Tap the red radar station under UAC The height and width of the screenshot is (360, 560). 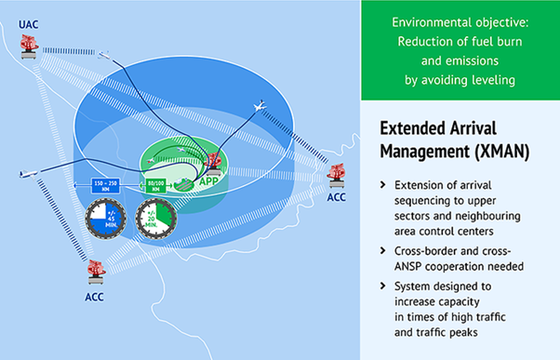pos(31,46)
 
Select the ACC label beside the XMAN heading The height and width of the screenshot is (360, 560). pos(337,196)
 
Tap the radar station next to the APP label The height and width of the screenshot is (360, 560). pos(212,163)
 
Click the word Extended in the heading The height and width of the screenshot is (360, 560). pos(417,127)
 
